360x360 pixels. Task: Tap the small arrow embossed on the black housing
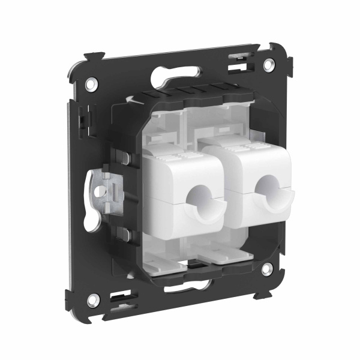click(x=193, y=263)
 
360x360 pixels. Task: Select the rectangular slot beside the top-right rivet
click(x=239, y=61)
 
